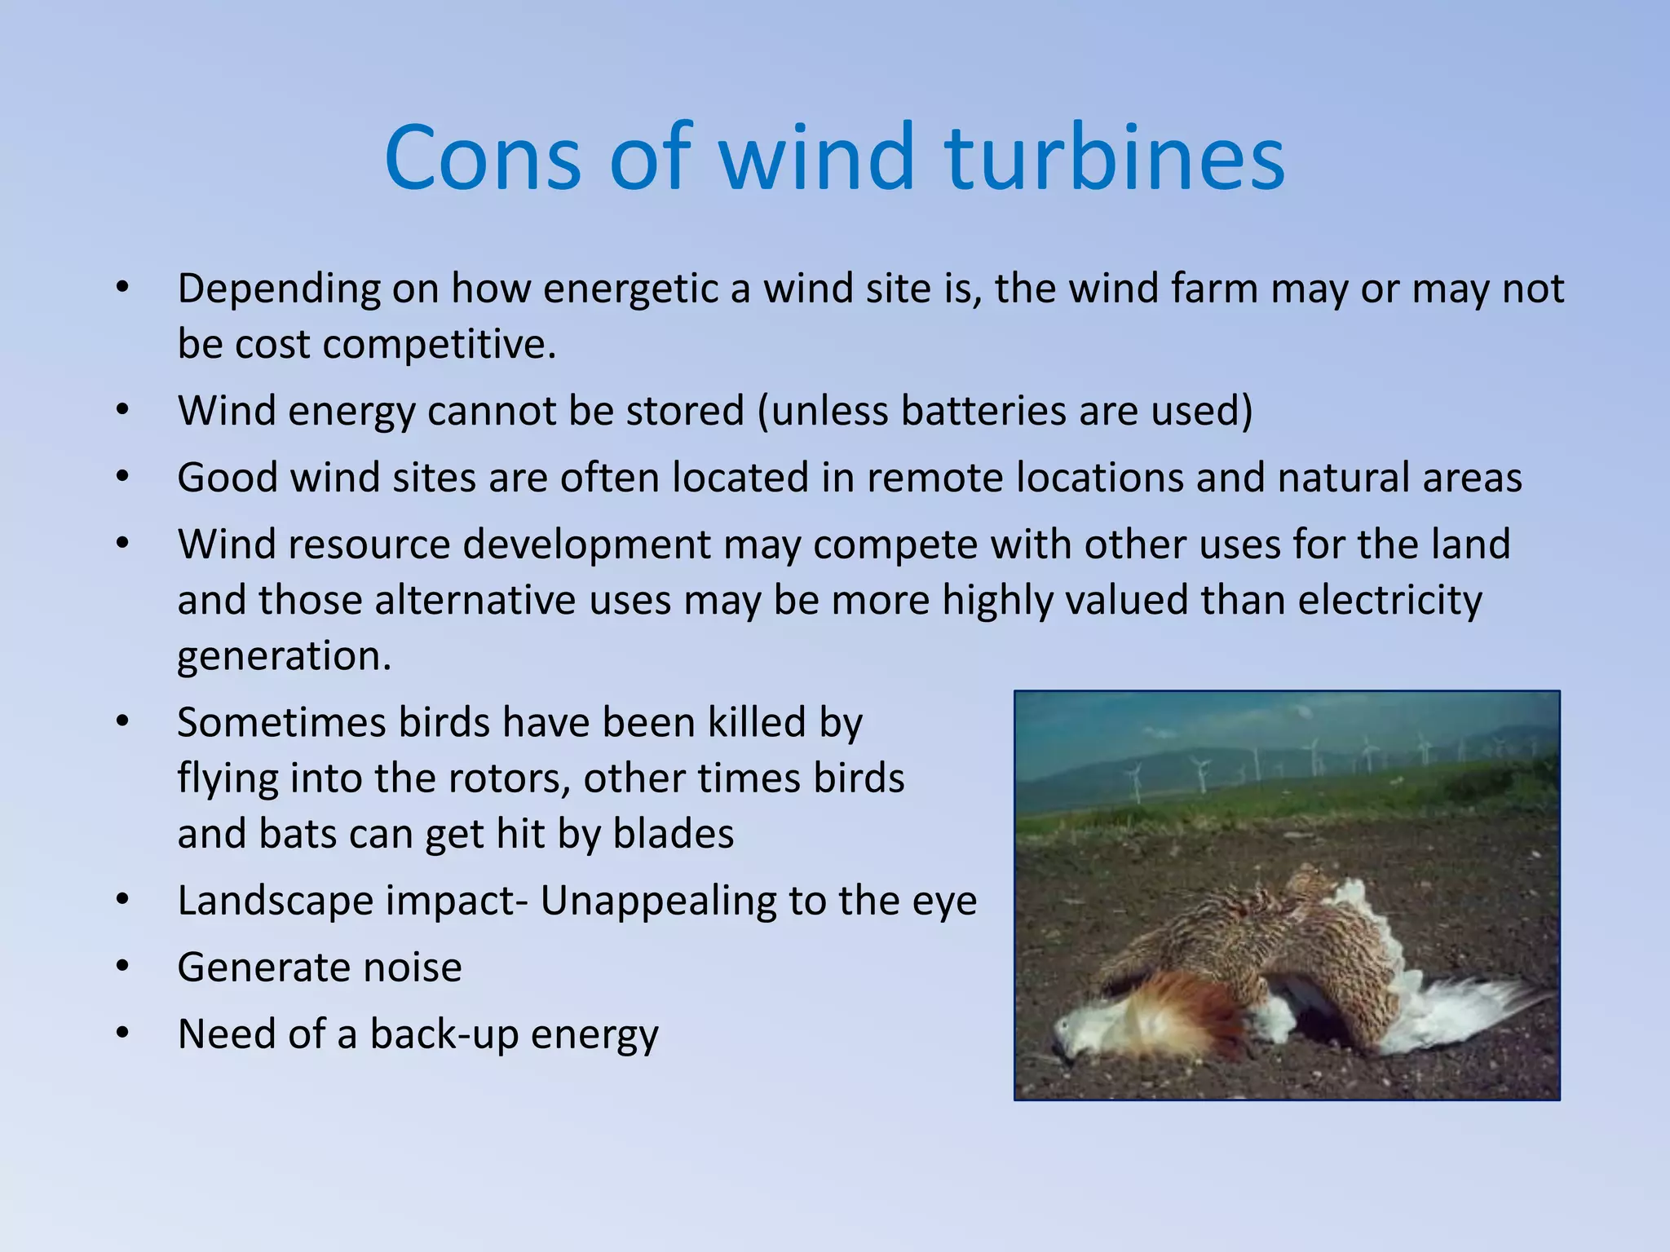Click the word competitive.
coord(440,345)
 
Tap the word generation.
coord(285,657)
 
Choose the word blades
coord(673,834)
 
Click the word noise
coord(412,968)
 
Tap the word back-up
coord(444,1035)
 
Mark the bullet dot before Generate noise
coord(122,968)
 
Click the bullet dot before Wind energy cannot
coord(122,411)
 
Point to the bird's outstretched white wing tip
coord(1517,999)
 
